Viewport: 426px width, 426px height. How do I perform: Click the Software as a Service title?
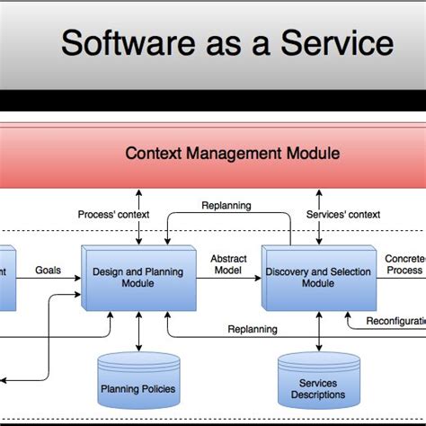click(x=226, y=42)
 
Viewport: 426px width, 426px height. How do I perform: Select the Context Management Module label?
click(x=232, y=154)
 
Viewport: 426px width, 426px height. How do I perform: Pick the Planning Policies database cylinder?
click(x=138, y=381)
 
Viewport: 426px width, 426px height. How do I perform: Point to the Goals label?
click(x=48, y=270)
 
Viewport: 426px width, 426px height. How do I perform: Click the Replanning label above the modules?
click(x=226, y=205)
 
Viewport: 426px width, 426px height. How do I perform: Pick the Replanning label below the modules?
click(x=252, y=329)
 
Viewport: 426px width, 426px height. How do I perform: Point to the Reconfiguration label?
click(x=395, y=321)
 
